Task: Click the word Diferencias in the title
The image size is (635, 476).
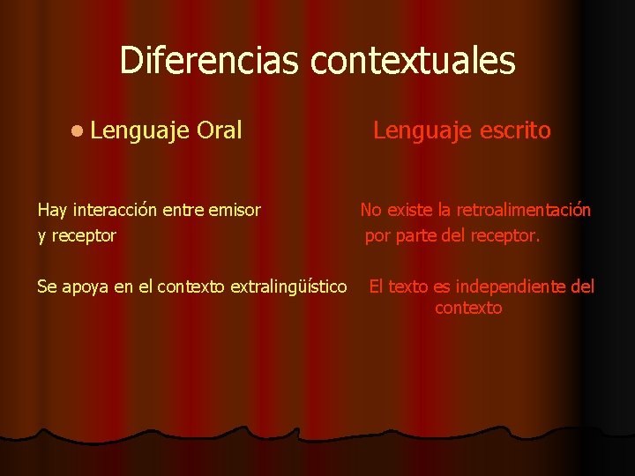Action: point(211,61)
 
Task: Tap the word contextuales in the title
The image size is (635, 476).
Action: point(414,61)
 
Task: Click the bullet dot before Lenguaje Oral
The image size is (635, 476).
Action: point(78,131)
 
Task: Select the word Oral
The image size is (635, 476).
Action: point(220,131)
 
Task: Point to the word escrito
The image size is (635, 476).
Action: point(516,131)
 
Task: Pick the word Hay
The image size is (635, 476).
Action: point(52,210)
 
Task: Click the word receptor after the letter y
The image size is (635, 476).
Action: point(84,236)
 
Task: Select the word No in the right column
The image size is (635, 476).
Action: point(370,210)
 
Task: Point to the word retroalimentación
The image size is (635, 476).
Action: point(523,210)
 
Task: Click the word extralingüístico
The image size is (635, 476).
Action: point(288,286)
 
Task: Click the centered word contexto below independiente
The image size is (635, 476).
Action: point(468,309)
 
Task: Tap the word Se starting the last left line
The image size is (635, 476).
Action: point(47,286)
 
